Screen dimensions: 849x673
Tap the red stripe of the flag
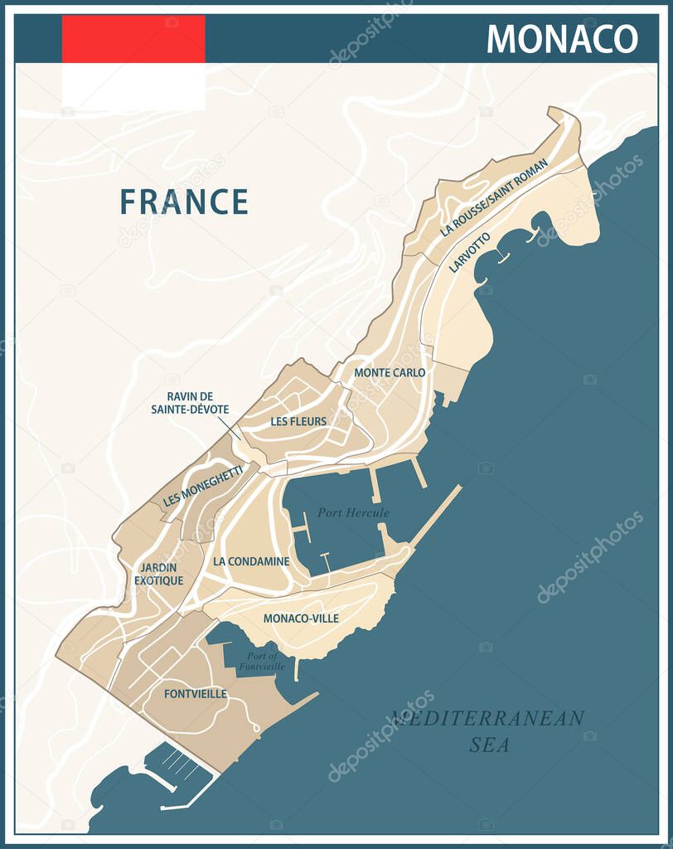coord(133,39)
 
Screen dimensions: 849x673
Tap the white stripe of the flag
coord(133,87)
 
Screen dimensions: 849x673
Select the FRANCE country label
coord(184,201)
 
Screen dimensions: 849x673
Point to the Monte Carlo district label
coord(390,373)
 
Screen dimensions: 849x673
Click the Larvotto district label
coord(469,253)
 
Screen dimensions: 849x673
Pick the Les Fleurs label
coord(298,421)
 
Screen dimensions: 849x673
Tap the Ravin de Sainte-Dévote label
coord(190,403)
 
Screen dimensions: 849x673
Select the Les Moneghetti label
coord(203,486)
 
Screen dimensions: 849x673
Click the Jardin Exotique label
coord(158,574)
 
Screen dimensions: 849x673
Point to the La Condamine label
coord(251,561)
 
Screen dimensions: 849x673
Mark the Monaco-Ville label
coord(301,619)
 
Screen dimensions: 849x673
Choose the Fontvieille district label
coord(195,694)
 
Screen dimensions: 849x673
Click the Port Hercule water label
coord(352,512)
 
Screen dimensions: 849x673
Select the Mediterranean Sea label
coord(489,730)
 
